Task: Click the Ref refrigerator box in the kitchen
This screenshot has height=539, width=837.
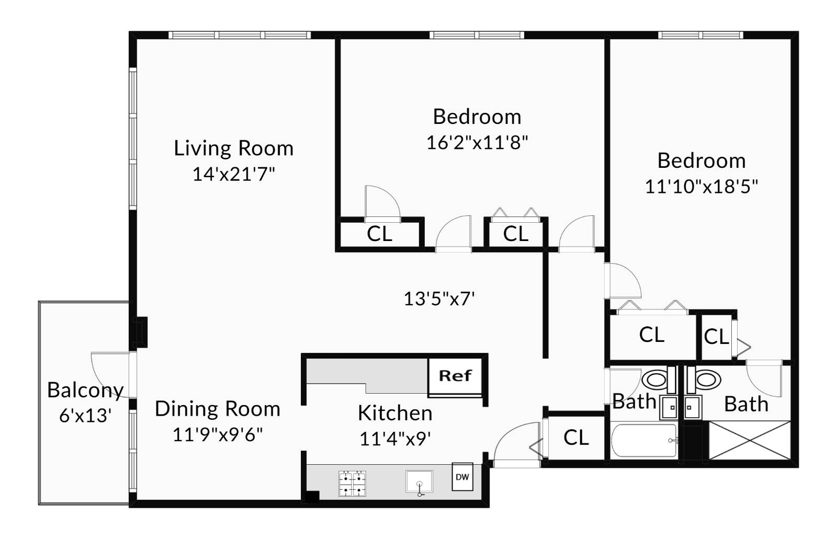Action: pos(455,376)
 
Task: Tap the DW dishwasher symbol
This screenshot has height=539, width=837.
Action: pos(462,477)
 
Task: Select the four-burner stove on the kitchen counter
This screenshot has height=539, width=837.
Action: pos(352,484)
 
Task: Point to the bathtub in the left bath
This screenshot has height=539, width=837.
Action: pos(644,441)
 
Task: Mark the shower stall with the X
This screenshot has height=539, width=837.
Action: pos(749,440)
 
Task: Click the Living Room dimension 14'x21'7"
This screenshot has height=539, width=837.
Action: pos(233,174)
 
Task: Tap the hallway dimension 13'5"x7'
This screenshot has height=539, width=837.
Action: pos(439,299)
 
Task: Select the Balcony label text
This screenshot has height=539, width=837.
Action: pos(85,390)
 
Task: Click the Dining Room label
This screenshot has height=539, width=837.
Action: pos(218,409)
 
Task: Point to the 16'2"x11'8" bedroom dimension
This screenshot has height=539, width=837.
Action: pos(477,142)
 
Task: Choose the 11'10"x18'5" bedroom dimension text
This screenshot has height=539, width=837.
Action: pos(701,187)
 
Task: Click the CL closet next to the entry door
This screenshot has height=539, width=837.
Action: pos(576,437)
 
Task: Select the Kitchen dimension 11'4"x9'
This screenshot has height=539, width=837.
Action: pos(395,439)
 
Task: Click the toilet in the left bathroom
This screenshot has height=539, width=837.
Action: pos(657,380)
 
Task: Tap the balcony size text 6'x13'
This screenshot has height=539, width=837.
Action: pos(85,416)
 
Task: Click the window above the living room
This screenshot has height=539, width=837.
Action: pos(240,35)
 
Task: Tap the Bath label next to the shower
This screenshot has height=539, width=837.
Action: pos(746,404)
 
